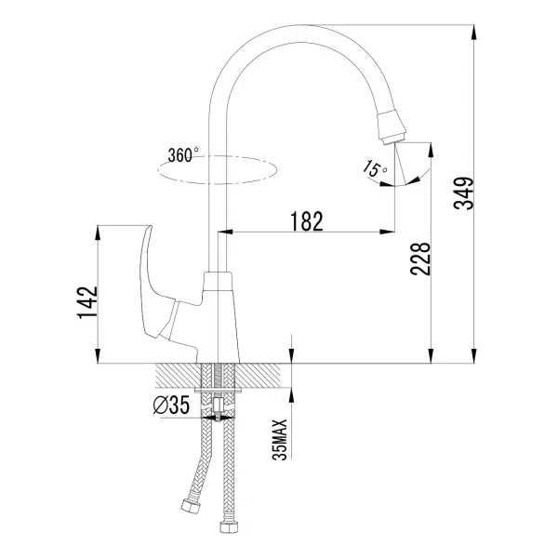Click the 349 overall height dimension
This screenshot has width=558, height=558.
464,193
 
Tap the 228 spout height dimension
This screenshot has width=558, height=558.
420,259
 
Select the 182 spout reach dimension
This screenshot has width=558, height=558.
307,221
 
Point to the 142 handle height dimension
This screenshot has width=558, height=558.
87,302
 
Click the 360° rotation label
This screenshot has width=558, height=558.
183,155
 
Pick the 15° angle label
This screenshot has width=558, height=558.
375,168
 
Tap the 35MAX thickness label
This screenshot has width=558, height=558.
279,440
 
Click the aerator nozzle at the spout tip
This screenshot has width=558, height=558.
392,127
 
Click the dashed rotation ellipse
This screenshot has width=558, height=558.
217,184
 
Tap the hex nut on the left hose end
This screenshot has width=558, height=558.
191,506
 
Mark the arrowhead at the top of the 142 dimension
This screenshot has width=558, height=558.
98,232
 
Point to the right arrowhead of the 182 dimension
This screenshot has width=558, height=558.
387,232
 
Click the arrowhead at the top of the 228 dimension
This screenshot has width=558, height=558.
431,150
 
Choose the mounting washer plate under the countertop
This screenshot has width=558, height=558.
219,391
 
